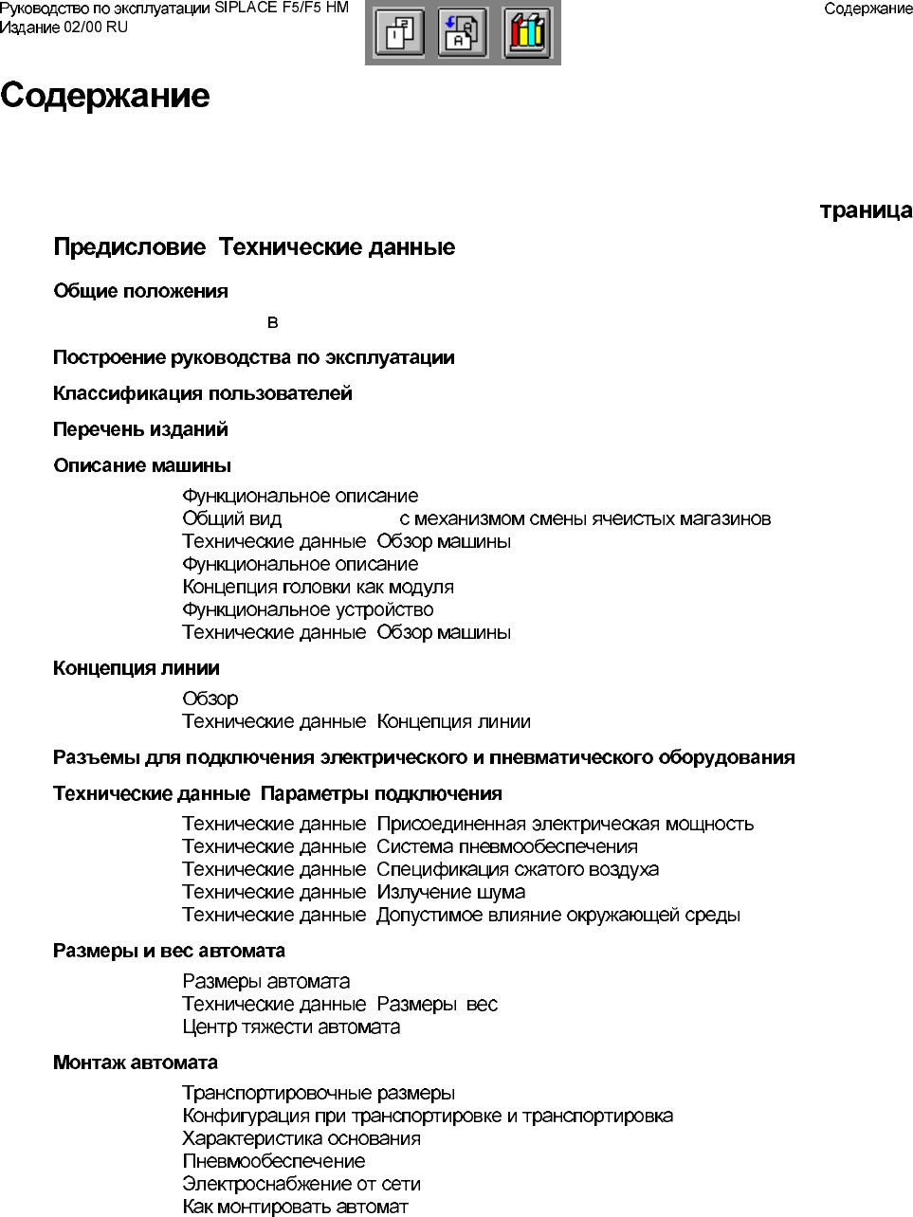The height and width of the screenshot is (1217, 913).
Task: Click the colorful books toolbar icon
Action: (527, 33)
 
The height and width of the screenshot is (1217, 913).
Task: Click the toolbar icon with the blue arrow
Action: (463, 33)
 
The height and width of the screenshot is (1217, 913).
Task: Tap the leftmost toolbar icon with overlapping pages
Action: (399, 33)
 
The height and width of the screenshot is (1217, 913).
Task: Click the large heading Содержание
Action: (105, 96)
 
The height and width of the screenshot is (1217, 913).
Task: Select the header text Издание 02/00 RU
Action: (64, 27)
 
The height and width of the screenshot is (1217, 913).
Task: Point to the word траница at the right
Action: (866, 210)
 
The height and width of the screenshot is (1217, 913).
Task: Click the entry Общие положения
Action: (140, 291)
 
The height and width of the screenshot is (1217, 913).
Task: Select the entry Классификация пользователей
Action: (203, 393)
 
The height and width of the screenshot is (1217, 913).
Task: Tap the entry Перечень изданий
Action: (140, 429)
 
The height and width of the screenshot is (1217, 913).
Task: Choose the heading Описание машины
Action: (142, 465)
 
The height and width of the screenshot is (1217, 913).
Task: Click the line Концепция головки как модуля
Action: (318, 587)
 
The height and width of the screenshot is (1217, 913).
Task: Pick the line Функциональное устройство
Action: (307, 609)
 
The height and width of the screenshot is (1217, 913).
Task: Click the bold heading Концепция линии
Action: (137, 668)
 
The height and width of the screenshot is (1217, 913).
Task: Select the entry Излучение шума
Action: (450, 892)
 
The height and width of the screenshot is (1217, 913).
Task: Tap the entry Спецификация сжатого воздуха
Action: (517, 869)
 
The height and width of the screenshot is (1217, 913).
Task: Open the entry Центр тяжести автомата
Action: (291, 1026)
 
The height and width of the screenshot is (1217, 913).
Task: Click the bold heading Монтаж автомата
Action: (136, 1063)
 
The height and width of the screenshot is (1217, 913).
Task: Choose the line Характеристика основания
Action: (301, 1138)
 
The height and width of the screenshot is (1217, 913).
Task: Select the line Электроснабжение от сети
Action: (301, 1184)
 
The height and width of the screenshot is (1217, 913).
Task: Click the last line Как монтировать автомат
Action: (295, 1207)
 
